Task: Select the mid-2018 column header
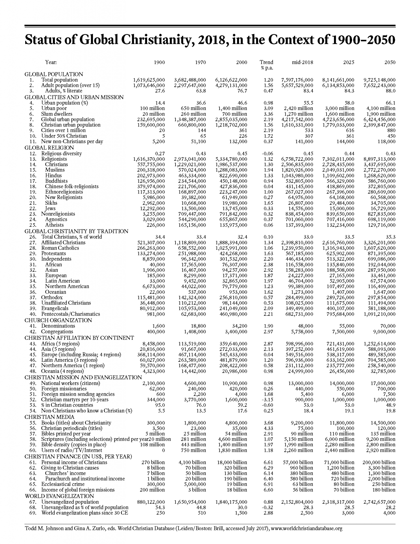click(x=302, y=62)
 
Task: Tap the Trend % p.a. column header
click(x=266, y=65)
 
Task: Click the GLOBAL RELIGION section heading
click(x=49, y=148)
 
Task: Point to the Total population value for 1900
click(x=149, y=80)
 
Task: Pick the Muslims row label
click(x=55, y=170)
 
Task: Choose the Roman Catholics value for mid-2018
click(x=297, y=248)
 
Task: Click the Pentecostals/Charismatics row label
click(x=70, y=314)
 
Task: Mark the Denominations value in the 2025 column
click(x=345, y=326)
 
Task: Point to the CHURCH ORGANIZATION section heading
click(x=58, y=320)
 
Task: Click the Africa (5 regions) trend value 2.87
click(x=268, y=344)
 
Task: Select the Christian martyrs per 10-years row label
click(x=75, y=400)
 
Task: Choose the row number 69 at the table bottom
click(x=33, y=513)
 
